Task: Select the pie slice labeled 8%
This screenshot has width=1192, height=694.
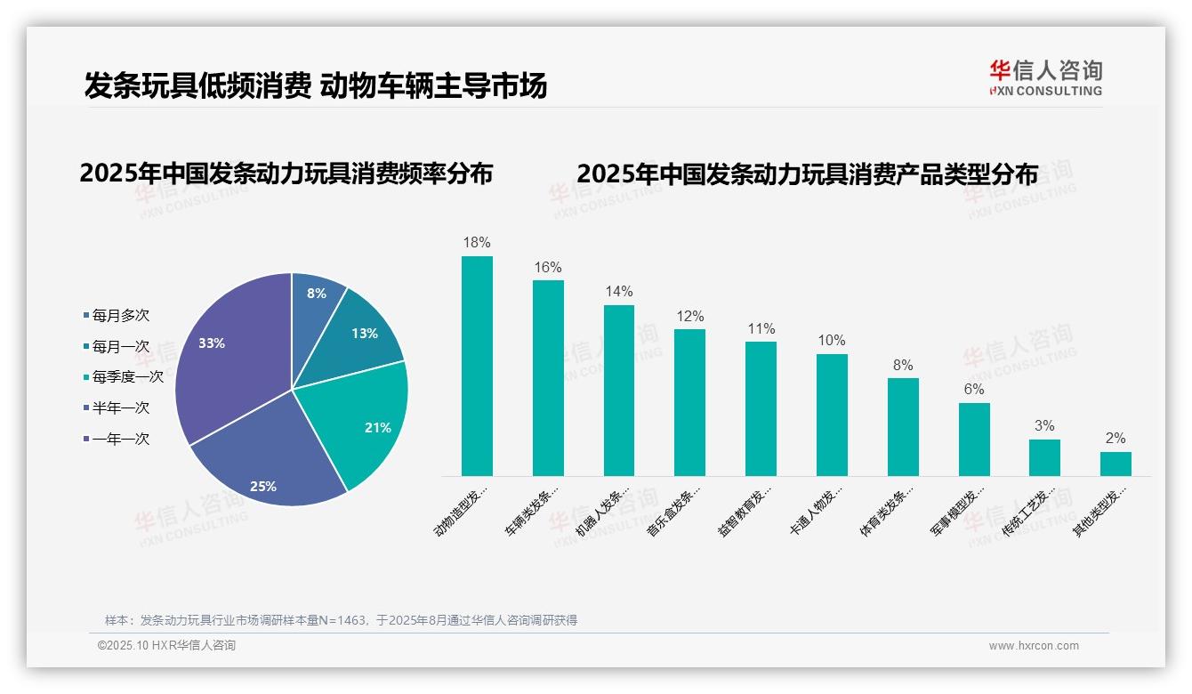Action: tap(317, 299)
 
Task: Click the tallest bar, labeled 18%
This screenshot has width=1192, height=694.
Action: tap(477, 366)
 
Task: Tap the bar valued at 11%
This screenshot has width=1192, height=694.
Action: tap(761, 408)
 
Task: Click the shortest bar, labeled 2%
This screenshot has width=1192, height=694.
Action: tap(1115, 464)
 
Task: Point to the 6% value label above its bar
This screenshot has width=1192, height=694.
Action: tap(974, 389)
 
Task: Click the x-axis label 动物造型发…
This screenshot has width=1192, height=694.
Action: tap(462, 511)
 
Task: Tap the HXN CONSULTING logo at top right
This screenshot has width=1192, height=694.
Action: tap(1045, 78)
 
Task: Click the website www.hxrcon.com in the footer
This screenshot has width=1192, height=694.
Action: tap(1034, 646)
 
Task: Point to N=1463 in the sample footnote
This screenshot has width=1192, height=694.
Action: tap(337, 620)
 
